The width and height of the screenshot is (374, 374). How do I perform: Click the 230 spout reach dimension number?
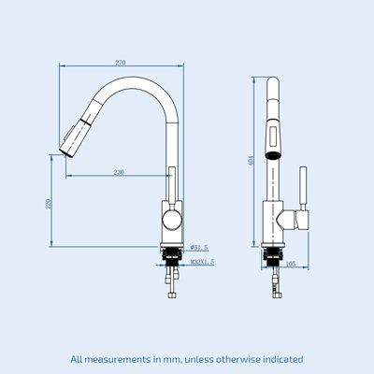119,172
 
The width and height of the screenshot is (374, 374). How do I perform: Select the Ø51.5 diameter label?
198,248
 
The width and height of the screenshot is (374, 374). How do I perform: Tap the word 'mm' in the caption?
165,359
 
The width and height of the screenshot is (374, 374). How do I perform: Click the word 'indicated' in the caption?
279,359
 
